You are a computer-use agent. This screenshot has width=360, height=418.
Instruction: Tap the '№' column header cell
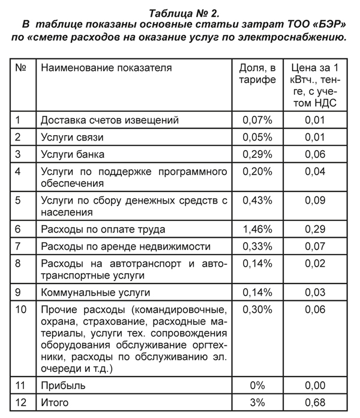pyautogui.click(x=20, y=68)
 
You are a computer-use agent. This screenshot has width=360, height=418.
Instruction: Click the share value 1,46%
pyautogui.click(x=257, y=229)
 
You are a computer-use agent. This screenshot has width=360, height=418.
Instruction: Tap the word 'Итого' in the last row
pyautogui.click(x=55, y=402)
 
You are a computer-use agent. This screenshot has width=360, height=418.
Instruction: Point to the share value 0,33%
pyautogui.click(x=257, y=246)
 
